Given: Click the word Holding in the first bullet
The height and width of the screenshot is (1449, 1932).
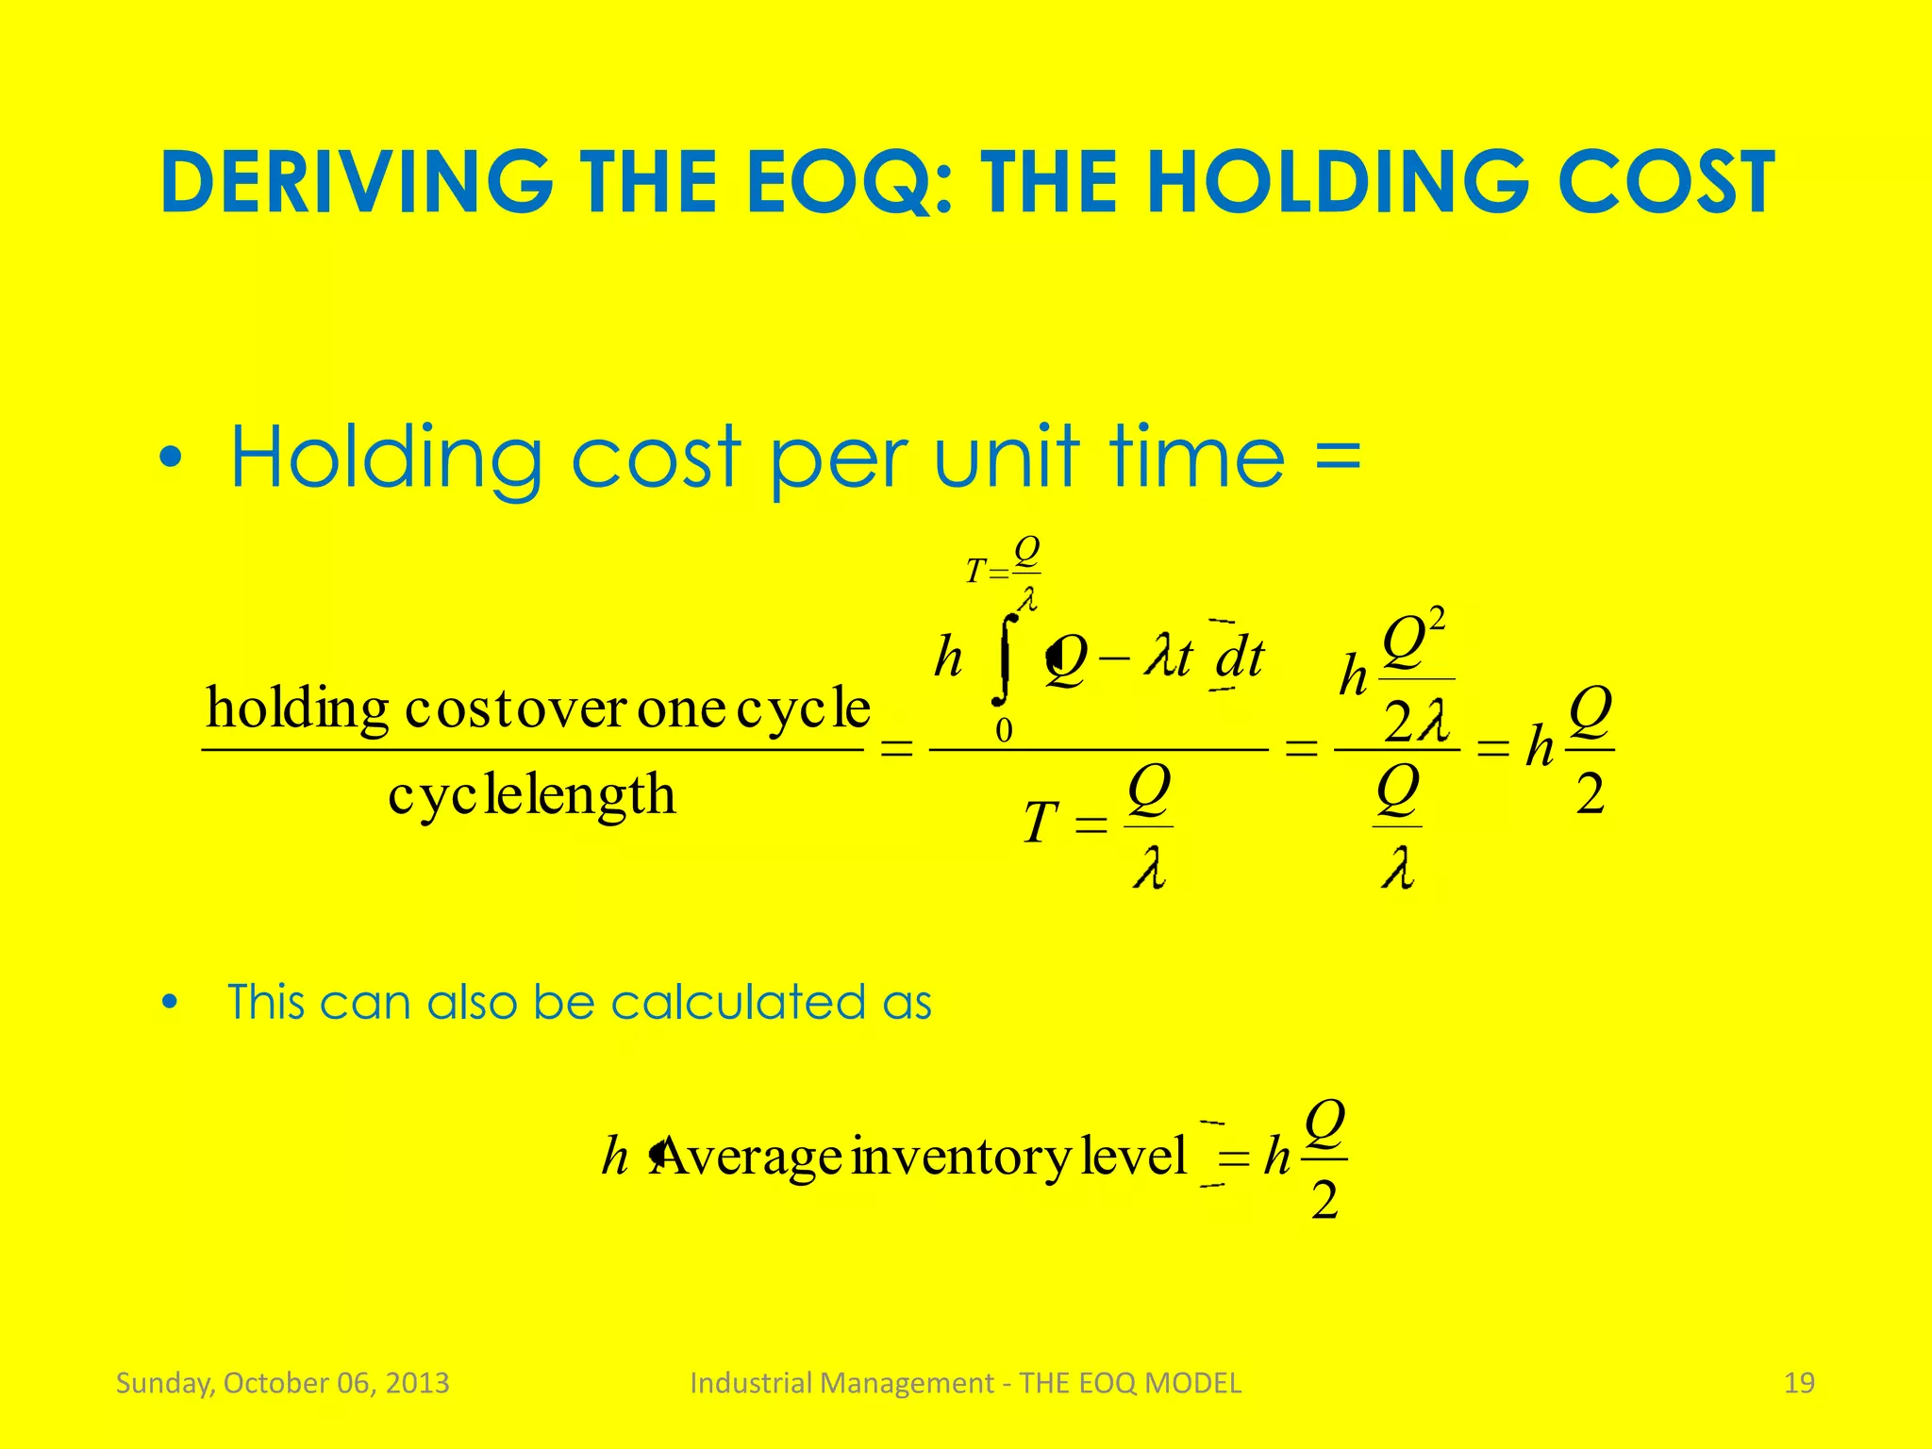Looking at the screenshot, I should (x=386, y=459).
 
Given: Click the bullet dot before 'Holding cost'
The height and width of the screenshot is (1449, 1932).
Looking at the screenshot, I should (x=171, y=459).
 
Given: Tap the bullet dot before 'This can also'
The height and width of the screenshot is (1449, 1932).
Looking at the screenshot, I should (x=170, y=1004).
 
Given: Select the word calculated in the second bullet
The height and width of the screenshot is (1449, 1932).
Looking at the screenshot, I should (x=737, y=1002).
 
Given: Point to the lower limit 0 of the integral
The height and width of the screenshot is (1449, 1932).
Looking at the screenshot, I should (x=1004, y=730).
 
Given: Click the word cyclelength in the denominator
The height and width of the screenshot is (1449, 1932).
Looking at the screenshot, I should (x=531, y=795).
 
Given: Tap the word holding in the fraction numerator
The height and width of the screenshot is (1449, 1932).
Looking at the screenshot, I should (x=297, y=708).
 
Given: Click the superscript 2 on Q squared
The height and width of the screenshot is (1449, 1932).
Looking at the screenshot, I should (x=1437, y=620).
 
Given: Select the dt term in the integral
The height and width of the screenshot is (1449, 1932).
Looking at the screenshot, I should (x=1240, y=658).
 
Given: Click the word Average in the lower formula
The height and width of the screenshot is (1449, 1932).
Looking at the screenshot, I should (x=747, y=1157).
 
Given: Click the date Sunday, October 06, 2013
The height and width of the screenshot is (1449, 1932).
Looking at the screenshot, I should (x=282, y=1383).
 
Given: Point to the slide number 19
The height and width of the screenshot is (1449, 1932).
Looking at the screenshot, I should (x=1799, y=1383).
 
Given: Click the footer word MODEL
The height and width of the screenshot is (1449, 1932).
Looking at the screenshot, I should (x=1192, y=1383).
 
